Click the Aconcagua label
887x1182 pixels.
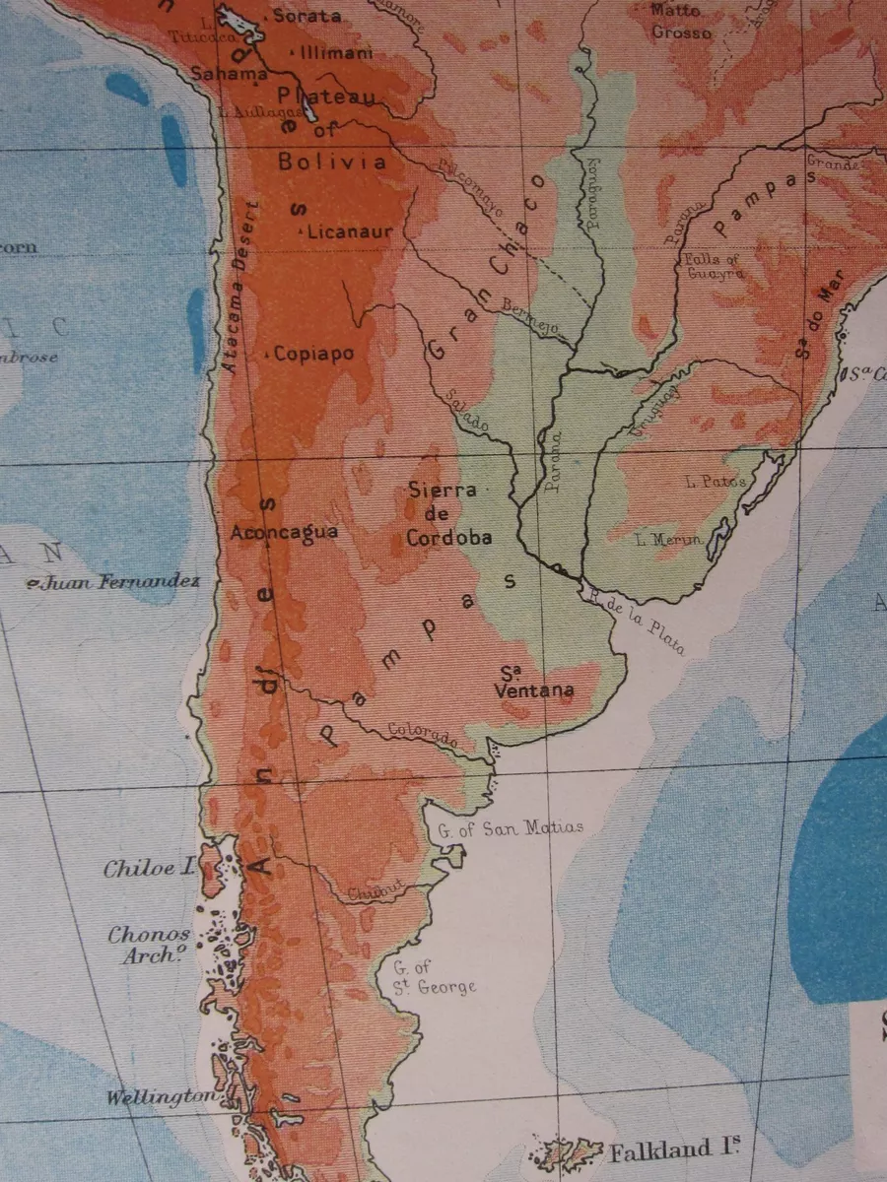(x=284, y=532)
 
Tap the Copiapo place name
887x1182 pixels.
(x=313, y=354)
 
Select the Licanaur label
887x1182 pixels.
(x=349, y=232)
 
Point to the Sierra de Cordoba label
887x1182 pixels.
(x=448, y=513)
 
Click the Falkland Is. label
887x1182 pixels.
(x=674, y=1149)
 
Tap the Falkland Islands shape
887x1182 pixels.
(x=567, y=1151)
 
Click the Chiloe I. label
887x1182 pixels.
(x=150, y=869)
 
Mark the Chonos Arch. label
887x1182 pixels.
(x=149, y=945)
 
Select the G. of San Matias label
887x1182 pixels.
(x=511, y=827)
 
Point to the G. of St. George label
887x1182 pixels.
(x=434, y=977)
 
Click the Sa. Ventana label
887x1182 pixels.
(x=534, y=683)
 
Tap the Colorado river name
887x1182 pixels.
(x=423, y=734)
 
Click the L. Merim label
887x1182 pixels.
(x=669, y=539)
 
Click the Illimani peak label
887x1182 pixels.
(x=336, y=52)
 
